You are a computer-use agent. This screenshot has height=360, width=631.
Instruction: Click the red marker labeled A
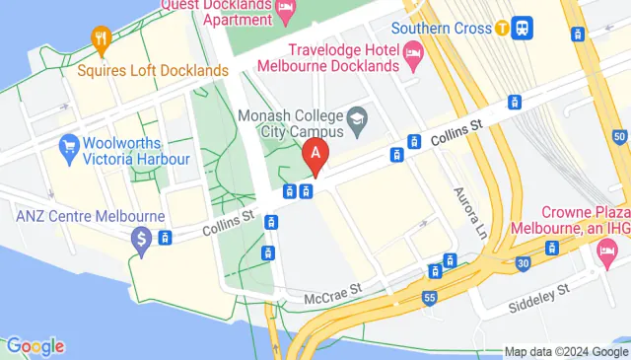[315, 154]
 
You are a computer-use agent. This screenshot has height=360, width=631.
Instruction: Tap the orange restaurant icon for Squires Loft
[100, 38]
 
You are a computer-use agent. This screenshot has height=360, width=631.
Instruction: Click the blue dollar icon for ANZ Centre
[142, 238]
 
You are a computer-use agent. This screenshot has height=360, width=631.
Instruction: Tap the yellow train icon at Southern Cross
[503, 28]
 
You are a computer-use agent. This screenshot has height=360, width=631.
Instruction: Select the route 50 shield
[618, 135]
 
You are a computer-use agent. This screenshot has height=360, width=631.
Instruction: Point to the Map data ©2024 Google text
[566, 351]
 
